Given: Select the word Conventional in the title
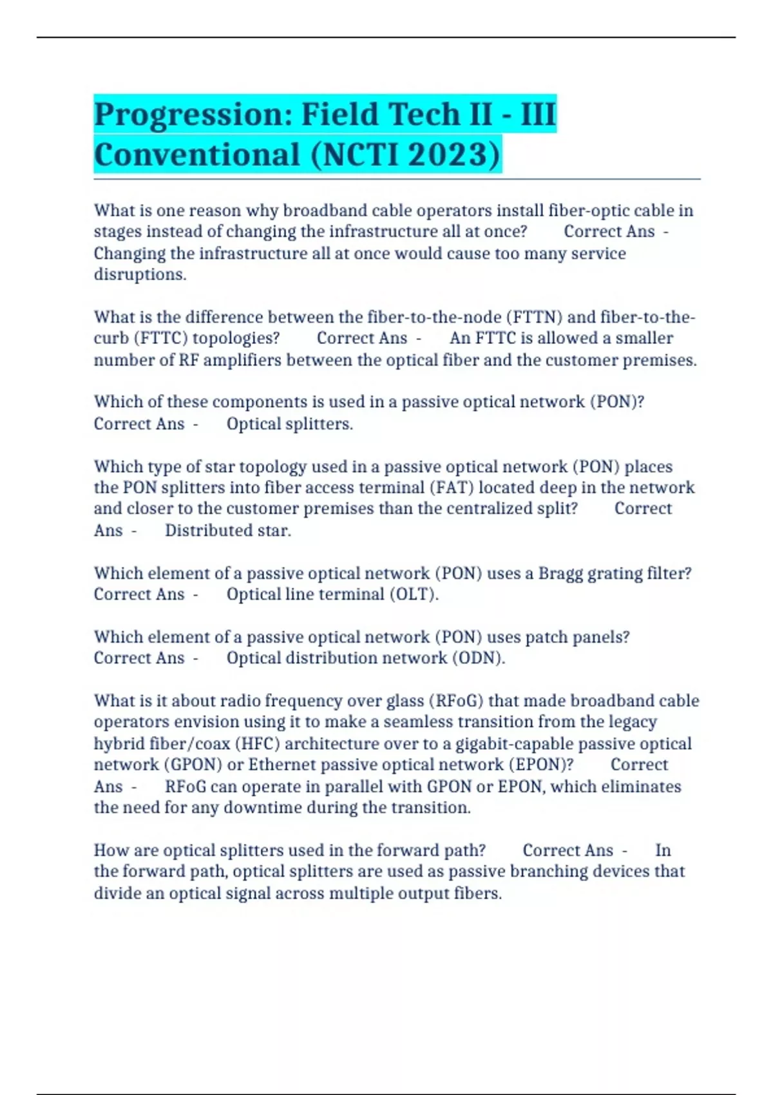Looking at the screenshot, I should pyautogui.click(x=197, y=155).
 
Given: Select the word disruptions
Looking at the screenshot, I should pyautogui.click(x=140, y=274).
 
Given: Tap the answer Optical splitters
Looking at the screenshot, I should pyautogui.click(x=289, y=424).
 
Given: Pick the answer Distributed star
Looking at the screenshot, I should pyautogui.click(x=228, y=530).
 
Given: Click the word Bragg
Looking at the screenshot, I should pyautogui.click(x=560, y=573).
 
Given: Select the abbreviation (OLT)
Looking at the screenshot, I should pyautogui.click(x=414, y=594).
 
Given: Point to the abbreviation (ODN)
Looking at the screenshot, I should pyautogui.click(x=477, y=658).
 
